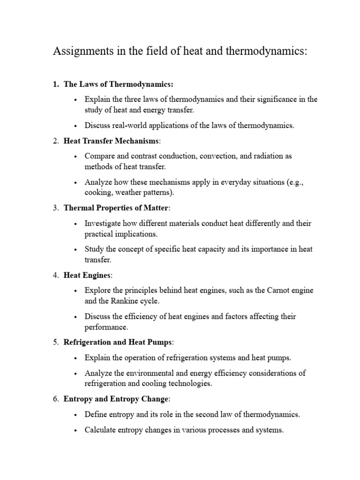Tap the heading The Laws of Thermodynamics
click(x=118, y=84)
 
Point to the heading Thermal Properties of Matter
click(x=116, y=208)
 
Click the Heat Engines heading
click(x=87, y=275)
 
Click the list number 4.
click(x=55, y=275)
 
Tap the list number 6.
click(x=55, y=399)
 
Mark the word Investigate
click(x=103, y=223)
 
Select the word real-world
click(x=131, y=126)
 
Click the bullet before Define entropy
click(x=75, y=415)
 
